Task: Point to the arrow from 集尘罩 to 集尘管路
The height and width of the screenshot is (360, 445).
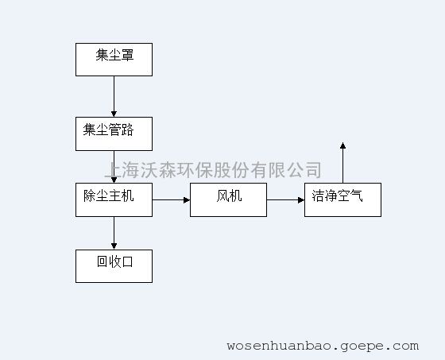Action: coord(114,96)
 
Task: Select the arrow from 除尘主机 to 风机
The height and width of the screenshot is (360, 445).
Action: coord(171,200)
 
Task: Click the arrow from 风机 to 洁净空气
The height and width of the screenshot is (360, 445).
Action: coord(285,200)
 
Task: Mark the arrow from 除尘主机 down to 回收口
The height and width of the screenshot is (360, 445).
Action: coord(114,233)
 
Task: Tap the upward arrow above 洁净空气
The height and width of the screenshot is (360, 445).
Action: coord(342,163)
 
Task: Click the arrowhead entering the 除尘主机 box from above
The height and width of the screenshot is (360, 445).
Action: coord(114,180)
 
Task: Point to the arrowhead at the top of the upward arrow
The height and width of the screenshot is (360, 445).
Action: coord(342,145)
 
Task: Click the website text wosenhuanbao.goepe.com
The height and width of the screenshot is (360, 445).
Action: coord(323,346)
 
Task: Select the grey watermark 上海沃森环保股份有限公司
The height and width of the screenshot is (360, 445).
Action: coord(213,170)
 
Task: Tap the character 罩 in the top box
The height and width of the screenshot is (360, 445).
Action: coord(127,55)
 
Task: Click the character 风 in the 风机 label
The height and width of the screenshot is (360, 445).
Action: coord(222,196)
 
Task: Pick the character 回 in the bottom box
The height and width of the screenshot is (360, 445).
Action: coord(103,261)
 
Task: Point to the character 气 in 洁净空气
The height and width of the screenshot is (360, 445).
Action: coord(357,195)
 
